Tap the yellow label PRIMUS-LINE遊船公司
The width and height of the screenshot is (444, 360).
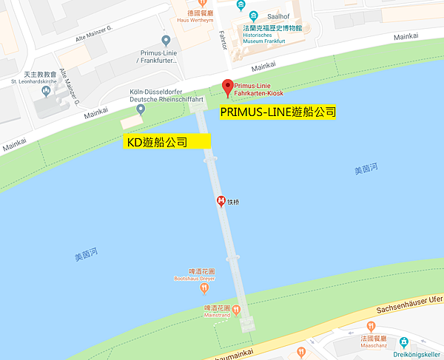coord(277,112)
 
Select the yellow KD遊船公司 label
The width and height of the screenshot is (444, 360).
coord(167,141)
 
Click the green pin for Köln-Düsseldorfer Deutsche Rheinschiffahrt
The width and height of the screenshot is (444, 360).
coord(141,109)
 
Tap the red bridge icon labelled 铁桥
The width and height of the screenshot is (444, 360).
coord(221,201)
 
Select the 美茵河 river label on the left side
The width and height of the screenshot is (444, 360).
coord(87,256)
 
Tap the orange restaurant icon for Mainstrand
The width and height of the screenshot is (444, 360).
coord(237,309)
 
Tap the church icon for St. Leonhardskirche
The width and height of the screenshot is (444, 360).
coord(47,92)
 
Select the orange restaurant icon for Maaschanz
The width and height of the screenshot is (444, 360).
coord(370,326)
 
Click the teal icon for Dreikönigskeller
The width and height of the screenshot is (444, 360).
coord(403,342)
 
